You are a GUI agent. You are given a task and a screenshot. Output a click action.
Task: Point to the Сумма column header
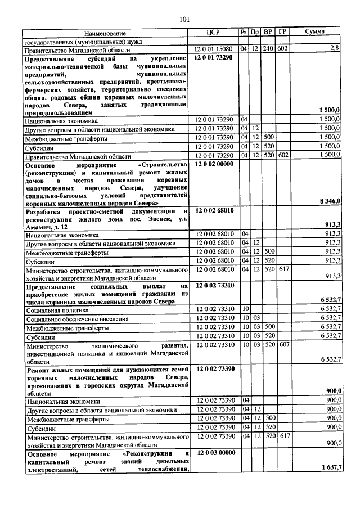click(318, 33)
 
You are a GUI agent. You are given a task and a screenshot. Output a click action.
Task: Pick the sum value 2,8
click(335, 49)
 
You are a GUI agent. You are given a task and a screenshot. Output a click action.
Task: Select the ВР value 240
click(268, 49)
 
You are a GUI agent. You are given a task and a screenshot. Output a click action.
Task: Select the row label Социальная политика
click(56, 310)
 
